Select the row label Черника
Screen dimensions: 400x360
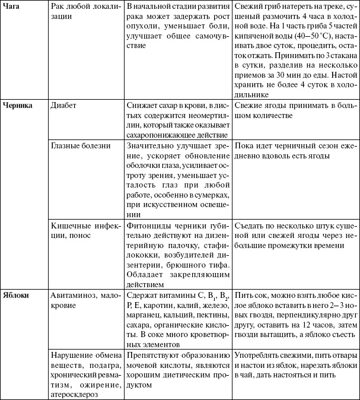click(17, 105)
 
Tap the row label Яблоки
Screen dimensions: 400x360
click(16, 294)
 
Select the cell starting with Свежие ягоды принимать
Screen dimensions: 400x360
click(294, 110)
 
